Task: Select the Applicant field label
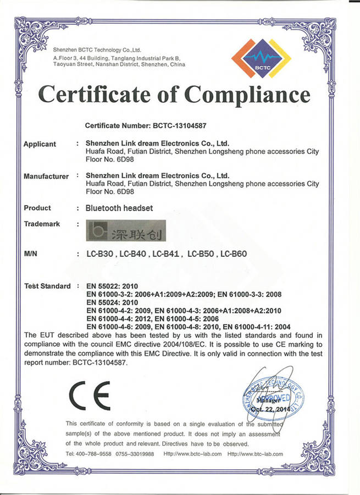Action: coord(40,144)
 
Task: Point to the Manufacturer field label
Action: coord(46,177)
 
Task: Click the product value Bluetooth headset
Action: coord(119,208)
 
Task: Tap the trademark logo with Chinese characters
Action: coord(125,232)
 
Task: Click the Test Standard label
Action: coord(48,286)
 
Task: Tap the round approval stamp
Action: coord(273,394)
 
